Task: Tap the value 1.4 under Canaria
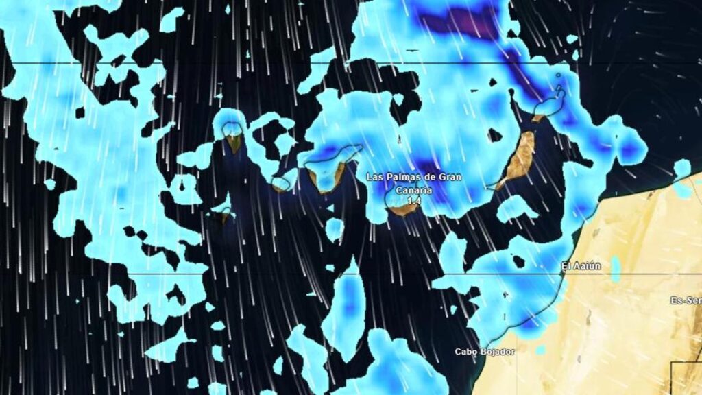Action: tap(413, 200)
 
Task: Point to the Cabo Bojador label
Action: tap(485, 352)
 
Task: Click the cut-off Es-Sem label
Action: tap(686, 300)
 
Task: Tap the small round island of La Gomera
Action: tap(280, 184)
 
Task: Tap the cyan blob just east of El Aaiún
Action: tap(615, 268)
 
